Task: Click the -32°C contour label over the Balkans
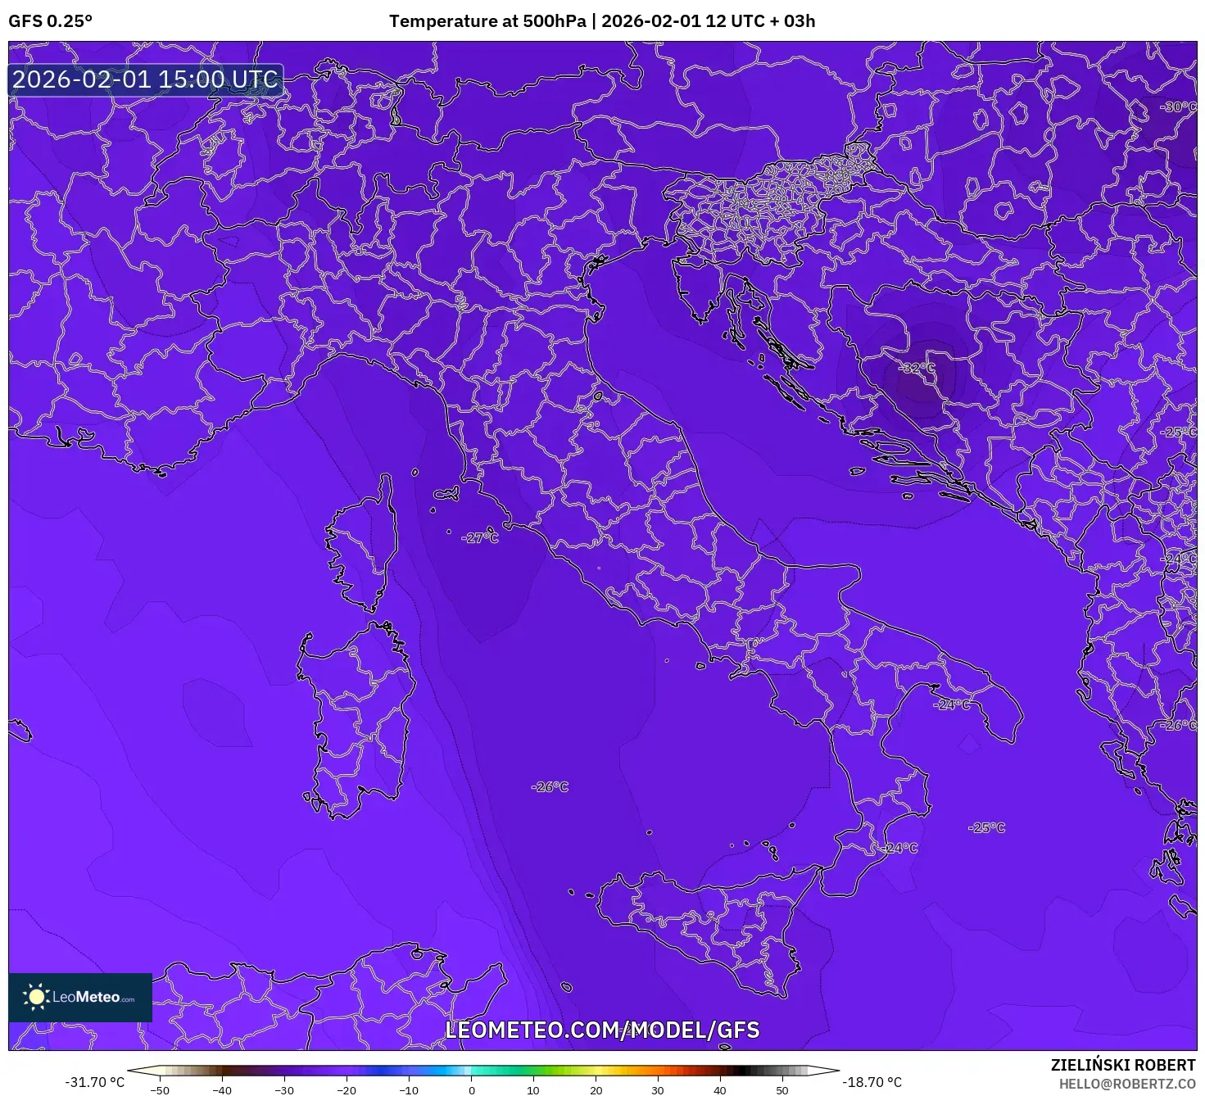point(916,369)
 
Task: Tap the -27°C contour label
point(480,538)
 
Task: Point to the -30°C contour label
point(1178,107)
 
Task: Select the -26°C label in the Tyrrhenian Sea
point(550,787)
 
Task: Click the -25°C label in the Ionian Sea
point(986,828)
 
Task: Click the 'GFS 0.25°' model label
point(51,21)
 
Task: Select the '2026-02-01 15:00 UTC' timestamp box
point(146,80)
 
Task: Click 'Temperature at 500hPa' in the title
point(487,21)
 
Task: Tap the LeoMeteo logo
point(80,998)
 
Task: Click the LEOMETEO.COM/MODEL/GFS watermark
point(602,1030)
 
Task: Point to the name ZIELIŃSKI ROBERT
point(1123,1065)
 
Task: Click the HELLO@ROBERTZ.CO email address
point(1127,1084)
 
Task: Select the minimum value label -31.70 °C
point(95,1083)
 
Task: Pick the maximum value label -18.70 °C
point(872,1083)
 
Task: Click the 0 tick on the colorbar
point(471,1090)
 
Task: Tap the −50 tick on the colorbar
point(160,1090)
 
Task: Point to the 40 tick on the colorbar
point(720,1090)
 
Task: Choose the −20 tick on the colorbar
point(347,1090)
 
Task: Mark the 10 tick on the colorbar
point(533,1090)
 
